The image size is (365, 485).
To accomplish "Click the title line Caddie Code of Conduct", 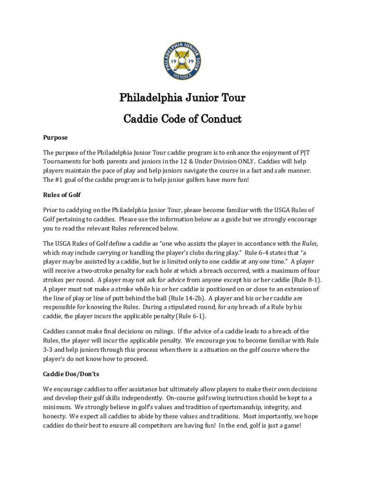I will pyautogui.click(x=182, y=119).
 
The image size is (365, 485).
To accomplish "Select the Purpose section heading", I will pyautogui.click(x=55, y=137).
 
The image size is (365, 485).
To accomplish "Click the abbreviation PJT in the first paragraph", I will pyautogui.click(x=305, y=153).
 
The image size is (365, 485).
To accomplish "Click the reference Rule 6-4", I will pyautogui.click(x=257, y=253).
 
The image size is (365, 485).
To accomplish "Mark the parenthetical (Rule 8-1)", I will pyautogui.click(x=307, y=280).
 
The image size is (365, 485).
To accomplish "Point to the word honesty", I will pyautogui.click(x=54, y=416).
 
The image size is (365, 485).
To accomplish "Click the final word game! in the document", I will pyautogui.click(x=290, y=425).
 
